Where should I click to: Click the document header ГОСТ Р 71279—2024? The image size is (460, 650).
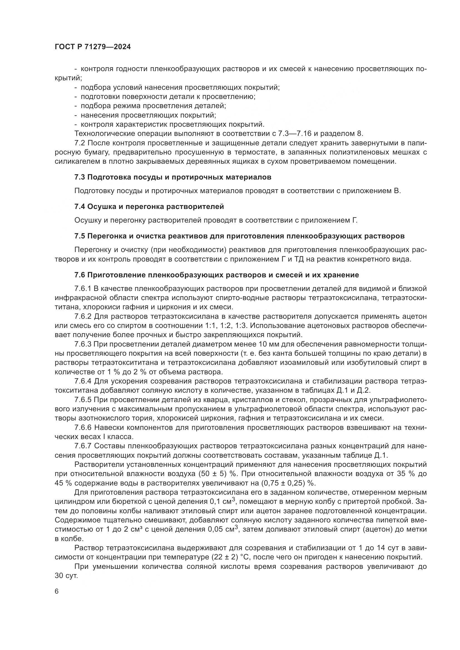93,47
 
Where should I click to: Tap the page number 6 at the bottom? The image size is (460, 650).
57,591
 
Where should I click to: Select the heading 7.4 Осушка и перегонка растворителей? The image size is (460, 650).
149,207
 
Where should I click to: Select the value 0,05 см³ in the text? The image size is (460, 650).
222,529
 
